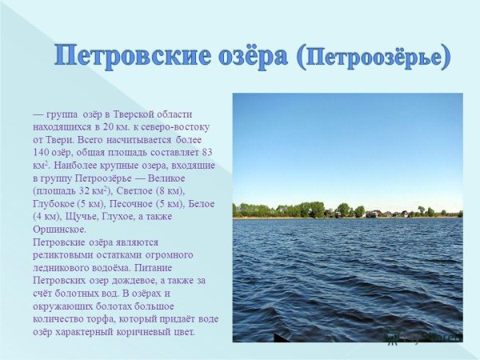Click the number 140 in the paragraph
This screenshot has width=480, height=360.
pos(42,152)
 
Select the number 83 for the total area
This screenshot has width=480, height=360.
pos(206,152)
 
